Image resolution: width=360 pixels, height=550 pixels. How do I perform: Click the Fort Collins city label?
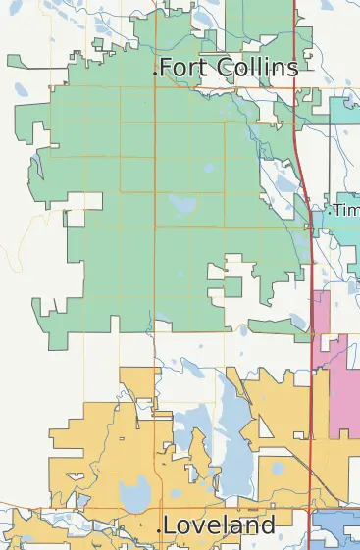228,68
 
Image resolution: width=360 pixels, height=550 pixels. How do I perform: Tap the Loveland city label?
219,526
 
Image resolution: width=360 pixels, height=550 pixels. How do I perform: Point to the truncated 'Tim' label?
346,210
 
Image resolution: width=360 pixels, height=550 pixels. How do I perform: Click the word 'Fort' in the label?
180,68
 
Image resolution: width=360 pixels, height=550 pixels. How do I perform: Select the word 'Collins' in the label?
253,68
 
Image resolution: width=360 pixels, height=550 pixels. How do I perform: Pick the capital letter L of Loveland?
170,526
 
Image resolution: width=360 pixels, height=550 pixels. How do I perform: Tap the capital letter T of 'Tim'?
338,210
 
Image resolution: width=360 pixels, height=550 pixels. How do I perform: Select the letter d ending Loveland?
268,526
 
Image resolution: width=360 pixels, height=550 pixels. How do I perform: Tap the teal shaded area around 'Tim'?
343,235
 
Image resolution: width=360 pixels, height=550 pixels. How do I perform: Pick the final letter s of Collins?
292,69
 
